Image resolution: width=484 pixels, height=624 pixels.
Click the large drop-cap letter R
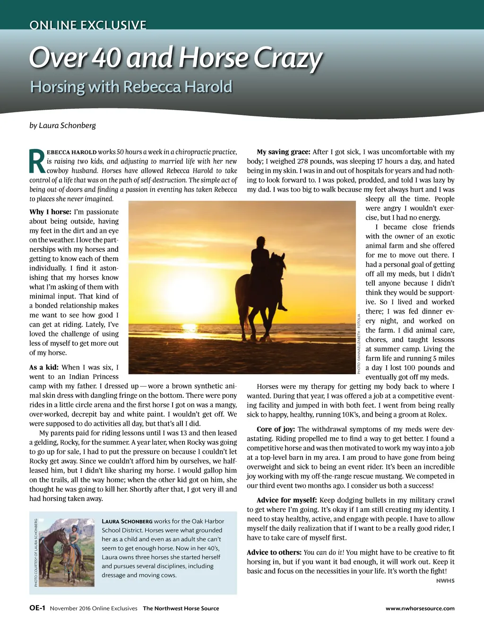(x=37, y=161)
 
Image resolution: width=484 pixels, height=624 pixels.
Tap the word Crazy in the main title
(x=288, y=58)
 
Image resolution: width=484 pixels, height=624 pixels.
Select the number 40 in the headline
(x=106, y=57)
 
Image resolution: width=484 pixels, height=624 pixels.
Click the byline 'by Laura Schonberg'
(x=62, y=125)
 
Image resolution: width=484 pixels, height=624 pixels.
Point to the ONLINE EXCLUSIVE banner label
(x=88, y=25)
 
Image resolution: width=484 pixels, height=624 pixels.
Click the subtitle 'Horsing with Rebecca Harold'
(x=131, y=87)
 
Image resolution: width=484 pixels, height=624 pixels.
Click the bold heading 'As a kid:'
(x=43, y=367)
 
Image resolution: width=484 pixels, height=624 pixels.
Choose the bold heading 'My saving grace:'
(x=283, y=152)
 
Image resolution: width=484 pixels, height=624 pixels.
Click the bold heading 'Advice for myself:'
(x=286, y=500)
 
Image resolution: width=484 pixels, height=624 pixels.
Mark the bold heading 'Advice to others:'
(x=274, y=552)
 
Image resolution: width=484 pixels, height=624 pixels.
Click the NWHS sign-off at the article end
(x=445, y=580)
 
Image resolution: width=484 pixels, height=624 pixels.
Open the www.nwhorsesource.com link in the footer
(x=420, y=608)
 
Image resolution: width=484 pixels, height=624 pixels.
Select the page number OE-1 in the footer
(x=37, y=608)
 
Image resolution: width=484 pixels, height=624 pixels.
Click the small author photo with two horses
(x=65, y=553)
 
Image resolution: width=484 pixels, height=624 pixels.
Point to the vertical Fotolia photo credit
(x=359, y=344)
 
